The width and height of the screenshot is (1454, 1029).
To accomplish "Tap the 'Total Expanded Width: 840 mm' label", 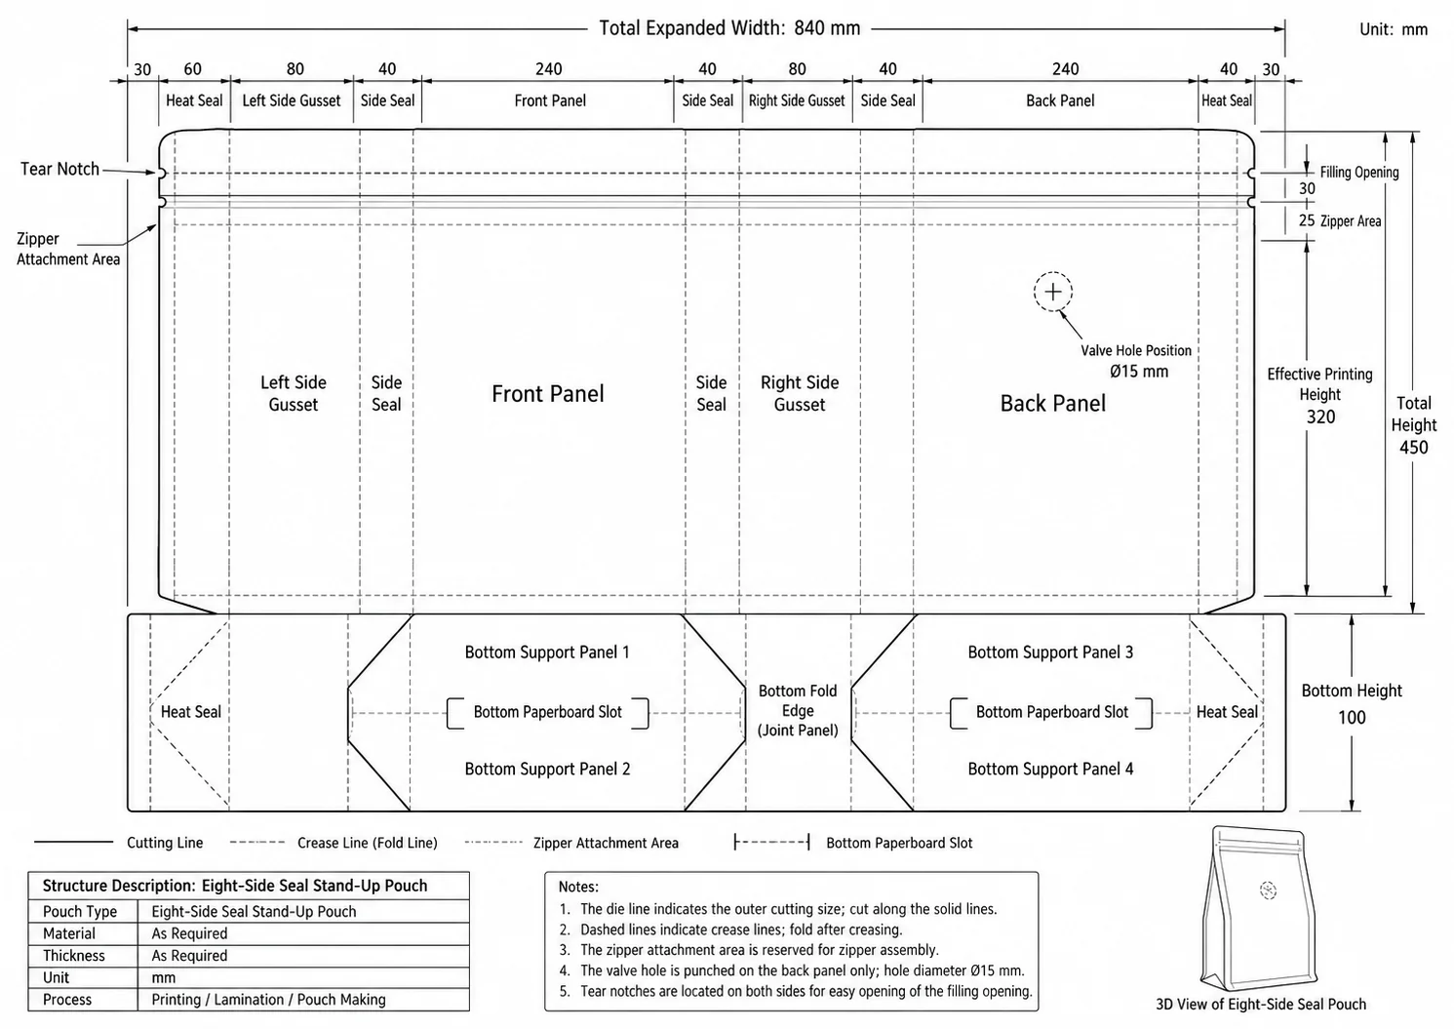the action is pyautogui.click(x=729, y=28).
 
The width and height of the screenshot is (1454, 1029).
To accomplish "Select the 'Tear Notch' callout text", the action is pyautogui.click(x=59, y=169).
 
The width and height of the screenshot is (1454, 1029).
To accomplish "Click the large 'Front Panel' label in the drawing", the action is pyautogui.click(x=548, y=393).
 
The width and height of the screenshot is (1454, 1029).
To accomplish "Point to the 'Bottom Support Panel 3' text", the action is pyautogui.click(x=1050, y=652).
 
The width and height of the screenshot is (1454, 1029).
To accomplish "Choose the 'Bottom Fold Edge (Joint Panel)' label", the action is pyautogui.click(x=798, y=710).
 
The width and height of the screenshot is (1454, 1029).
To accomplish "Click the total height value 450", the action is pyautogui.click(x=1414, y=448).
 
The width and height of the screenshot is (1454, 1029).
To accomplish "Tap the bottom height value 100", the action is pyautogui.click(x=1352, y=718).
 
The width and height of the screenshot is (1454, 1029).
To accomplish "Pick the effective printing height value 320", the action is pyautogui.click(x=1320, y=416).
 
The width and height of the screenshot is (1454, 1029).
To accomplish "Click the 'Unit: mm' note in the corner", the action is pyautogui.click(x=1394, y=29).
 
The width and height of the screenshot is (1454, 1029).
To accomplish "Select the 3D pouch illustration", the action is pyautogui.click(x=1259, y=908).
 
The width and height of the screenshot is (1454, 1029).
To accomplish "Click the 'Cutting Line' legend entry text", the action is pyautogui.click(x=165, y=843).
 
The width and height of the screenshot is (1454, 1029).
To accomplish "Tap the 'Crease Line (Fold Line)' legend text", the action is pyautogui.click(x=368, y=843).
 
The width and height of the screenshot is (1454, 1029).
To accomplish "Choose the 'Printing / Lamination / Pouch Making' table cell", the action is pyautogui.click(x=269, y=999).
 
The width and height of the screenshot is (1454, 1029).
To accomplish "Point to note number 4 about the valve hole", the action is pyautogui.click(x=792, y=970).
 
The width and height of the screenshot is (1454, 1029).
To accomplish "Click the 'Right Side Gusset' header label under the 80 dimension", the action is pyautogui.click(x=797, y=100).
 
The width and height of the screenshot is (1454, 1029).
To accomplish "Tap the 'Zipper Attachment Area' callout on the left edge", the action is pyautogui.click(x=68, y=249).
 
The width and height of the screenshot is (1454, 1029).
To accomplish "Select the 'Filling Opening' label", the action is pyautogui.click(x=1359, y=172).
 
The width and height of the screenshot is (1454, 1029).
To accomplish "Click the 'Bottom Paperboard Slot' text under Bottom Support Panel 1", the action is pyautogui.click(x=548, y=712).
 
